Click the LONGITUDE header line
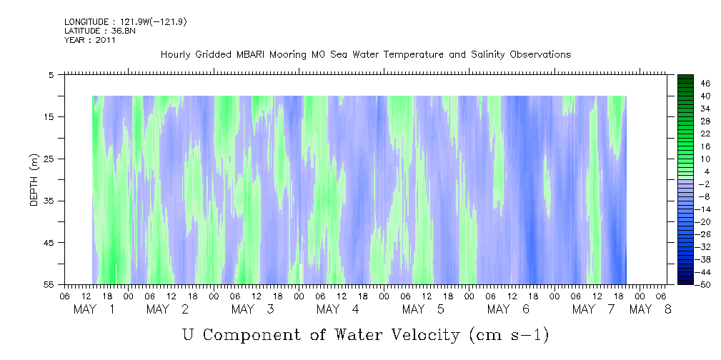click(126, 22)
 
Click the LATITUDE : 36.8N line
click(100, 31)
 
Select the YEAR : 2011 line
click(90, 40)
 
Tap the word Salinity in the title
click(487, 55)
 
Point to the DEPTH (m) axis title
click(34, 180)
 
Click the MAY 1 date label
click(94, 309)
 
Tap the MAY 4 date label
click(337, 309)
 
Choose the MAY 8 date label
click(650, 309)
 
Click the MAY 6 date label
click(507, 309)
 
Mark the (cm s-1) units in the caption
click(509, 335)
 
